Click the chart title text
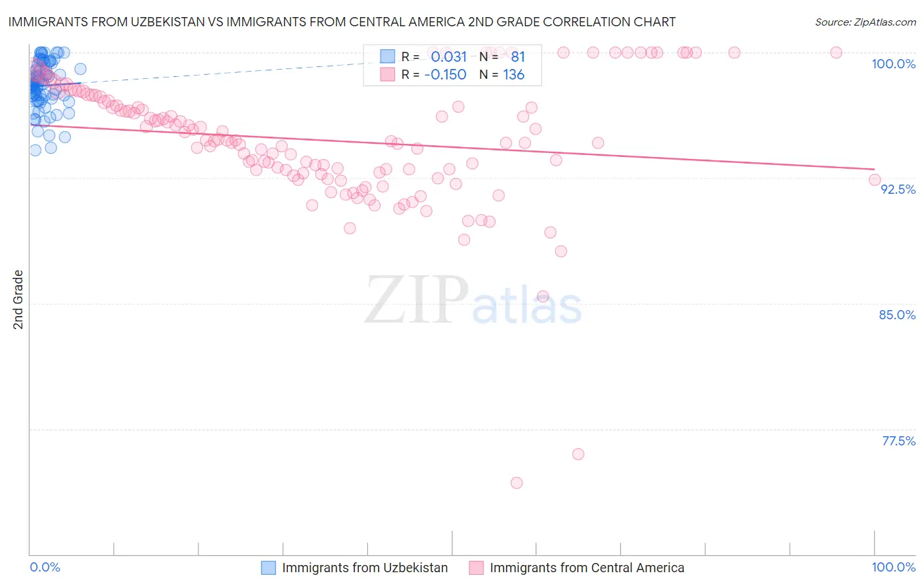pos(342,22)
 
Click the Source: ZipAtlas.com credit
pos(865,22)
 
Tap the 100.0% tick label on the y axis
pos(893,64)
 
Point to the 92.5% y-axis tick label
pos(898,189)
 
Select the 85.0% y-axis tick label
pos(897,315)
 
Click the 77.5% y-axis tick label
pos(898,441)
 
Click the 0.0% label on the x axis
pos(45,567)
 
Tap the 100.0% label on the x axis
pos(893,567)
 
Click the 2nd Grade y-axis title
pos(18,300)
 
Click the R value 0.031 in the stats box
pos(449,57)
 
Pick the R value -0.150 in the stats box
pos(445,75)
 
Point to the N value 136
pos(513,75)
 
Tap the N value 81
pos(518,57)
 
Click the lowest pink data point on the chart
pos(517,483)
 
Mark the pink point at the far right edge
pos(874,180)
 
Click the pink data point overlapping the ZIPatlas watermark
pos(543,296)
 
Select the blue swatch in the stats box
pos(388,56)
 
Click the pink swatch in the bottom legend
pos(476,568)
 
